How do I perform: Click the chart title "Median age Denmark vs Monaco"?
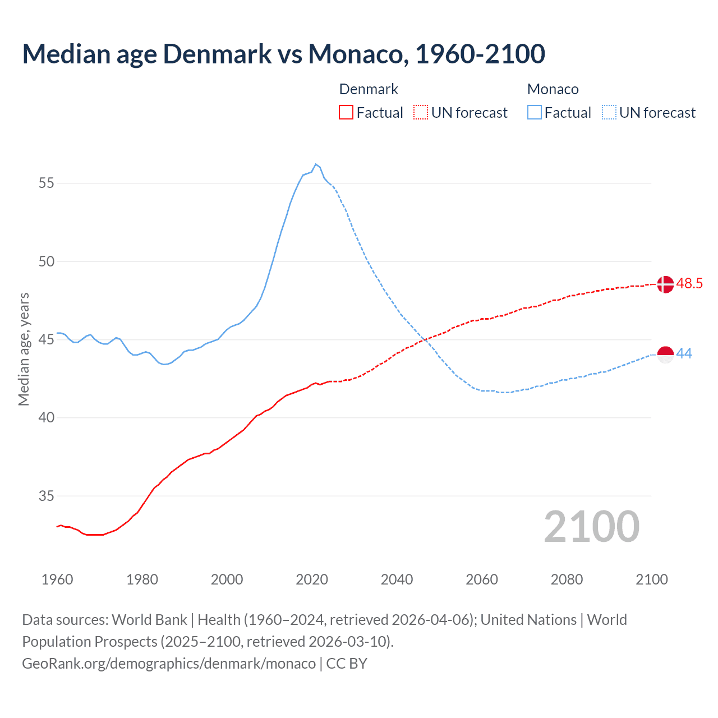(283, 54)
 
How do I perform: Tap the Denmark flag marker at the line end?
(665, 284)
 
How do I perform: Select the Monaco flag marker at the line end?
(665, 355)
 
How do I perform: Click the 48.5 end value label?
(689, 284)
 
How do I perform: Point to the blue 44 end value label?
(684, 354)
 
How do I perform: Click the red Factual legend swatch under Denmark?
(346, 113)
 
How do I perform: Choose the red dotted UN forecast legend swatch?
(421, 113)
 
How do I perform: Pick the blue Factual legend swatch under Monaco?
(535, 113)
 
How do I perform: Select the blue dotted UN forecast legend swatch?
(609, 113)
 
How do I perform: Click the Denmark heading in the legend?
(369, 89)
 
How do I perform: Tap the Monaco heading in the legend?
(553, 89)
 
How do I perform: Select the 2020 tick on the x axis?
(312, 579)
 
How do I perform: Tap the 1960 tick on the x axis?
(57, 579)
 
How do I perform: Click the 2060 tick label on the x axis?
(482, 579)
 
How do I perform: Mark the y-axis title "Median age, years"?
(24, 349)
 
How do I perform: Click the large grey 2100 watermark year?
(591, 527)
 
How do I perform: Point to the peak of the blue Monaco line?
(316, 164)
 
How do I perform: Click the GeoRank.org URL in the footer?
(169, 664)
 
